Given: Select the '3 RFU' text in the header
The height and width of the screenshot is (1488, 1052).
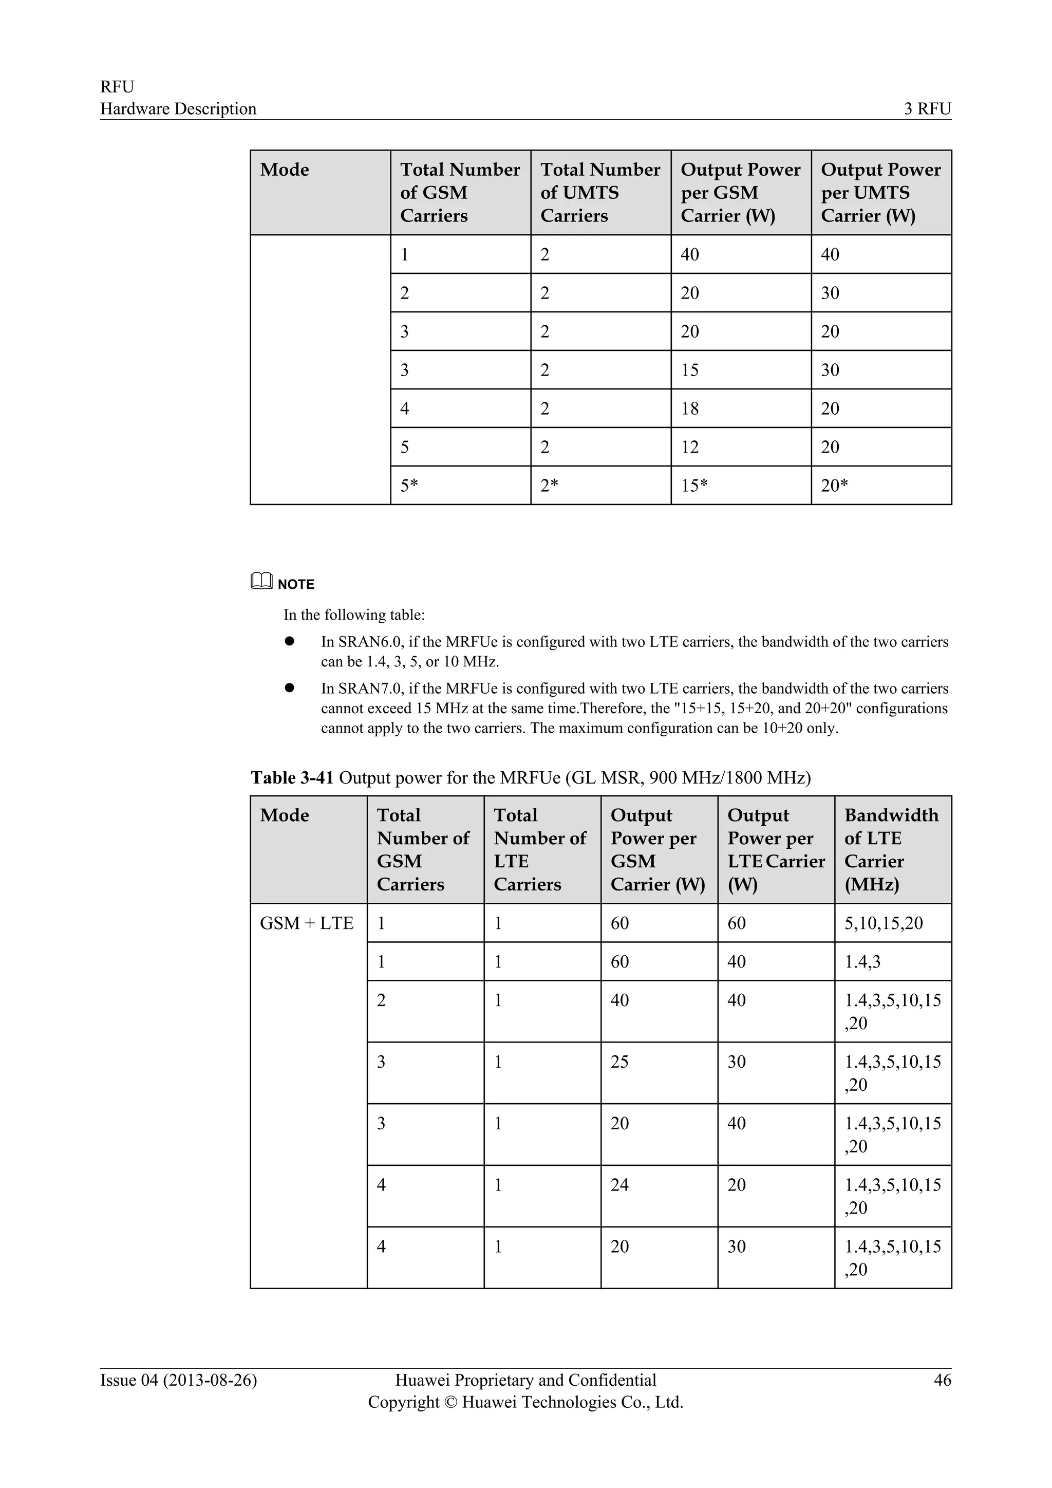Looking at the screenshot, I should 928,109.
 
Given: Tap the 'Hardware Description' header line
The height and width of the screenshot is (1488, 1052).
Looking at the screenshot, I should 178,109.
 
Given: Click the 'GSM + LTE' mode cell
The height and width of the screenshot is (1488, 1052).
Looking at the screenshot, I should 306,923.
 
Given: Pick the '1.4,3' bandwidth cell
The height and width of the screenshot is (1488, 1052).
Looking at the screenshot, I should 862,962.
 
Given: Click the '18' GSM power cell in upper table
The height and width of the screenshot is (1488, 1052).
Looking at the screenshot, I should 690,408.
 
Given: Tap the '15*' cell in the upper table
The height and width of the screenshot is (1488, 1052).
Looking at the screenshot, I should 694,486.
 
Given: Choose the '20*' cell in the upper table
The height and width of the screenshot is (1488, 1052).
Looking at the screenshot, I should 834,486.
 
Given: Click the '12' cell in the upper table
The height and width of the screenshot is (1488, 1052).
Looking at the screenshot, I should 690,447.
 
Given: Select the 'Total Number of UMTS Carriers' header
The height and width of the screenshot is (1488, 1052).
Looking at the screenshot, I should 600,193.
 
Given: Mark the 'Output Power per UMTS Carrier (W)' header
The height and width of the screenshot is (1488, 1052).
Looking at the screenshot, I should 880,193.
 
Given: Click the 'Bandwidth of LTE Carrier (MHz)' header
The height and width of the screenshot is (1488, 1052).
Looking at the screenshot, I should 891,850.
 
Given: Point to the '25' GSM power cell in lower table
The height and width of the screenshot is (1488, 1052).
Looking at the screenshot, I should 619,1062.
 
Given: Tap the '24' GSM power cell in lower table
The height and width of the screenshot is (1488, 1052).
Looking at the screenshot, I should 619,1185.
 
